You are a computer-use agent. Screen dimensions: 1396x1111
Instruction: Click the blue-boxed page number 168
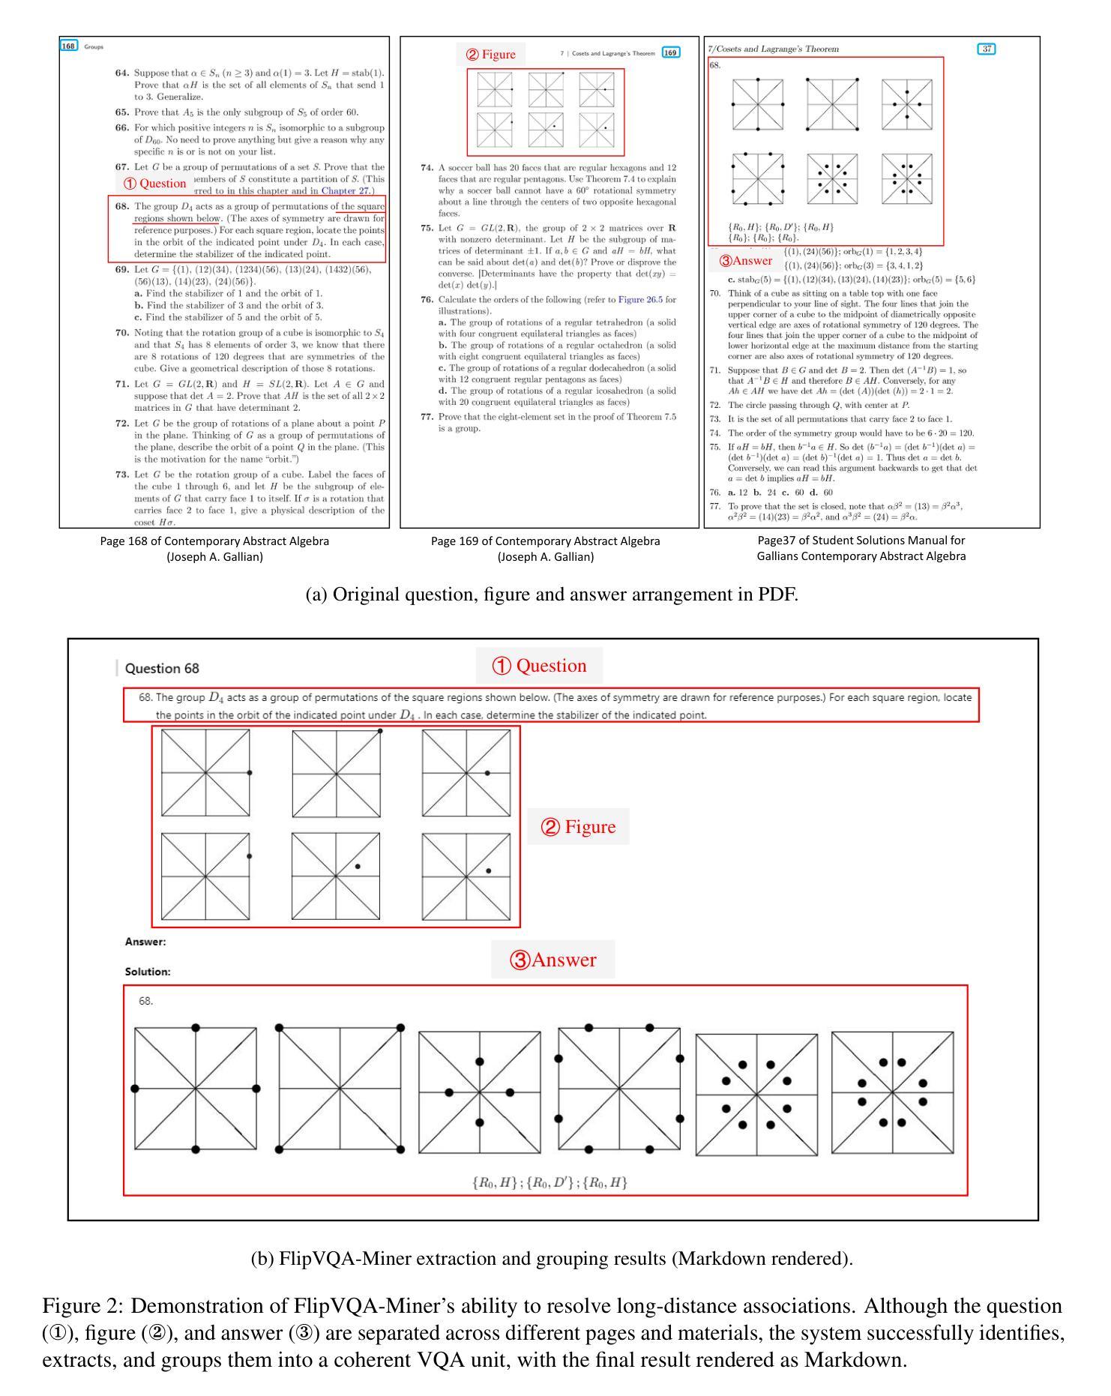69,46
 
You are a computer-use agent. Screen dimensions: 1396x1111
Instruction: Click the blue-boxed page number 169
670,52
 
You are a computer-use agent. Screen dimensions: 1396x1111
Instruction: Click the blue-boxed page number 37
987,49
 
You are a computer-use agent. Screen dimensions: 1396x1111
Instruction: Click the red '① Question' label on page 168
154,183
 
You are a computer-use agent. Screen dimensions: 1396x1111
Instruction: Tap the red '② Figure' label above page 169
491,54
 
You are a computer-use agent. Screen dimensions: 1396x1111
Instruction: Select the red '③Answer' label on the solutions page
745,261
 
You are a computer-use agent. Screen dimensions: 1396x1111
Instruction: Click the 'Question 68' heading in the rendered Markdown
162,668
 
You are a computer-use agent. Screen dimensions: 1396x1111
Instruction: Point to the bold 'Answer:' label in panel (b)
145,942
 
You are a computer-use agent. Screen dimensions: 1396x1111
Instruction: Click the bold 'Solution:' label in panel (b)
148,972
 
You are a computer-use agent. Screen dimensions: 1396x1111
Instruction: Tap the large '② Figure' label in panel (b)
578,827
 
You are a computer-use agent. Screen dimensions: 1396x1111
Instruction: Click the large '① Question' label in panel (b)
539,666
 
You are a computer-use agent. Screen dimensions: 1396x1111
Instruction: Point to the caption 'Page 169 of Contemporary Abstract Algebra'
545,541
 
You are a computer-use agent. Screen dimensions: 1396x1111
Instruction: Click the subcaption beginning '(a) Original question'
552,595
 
